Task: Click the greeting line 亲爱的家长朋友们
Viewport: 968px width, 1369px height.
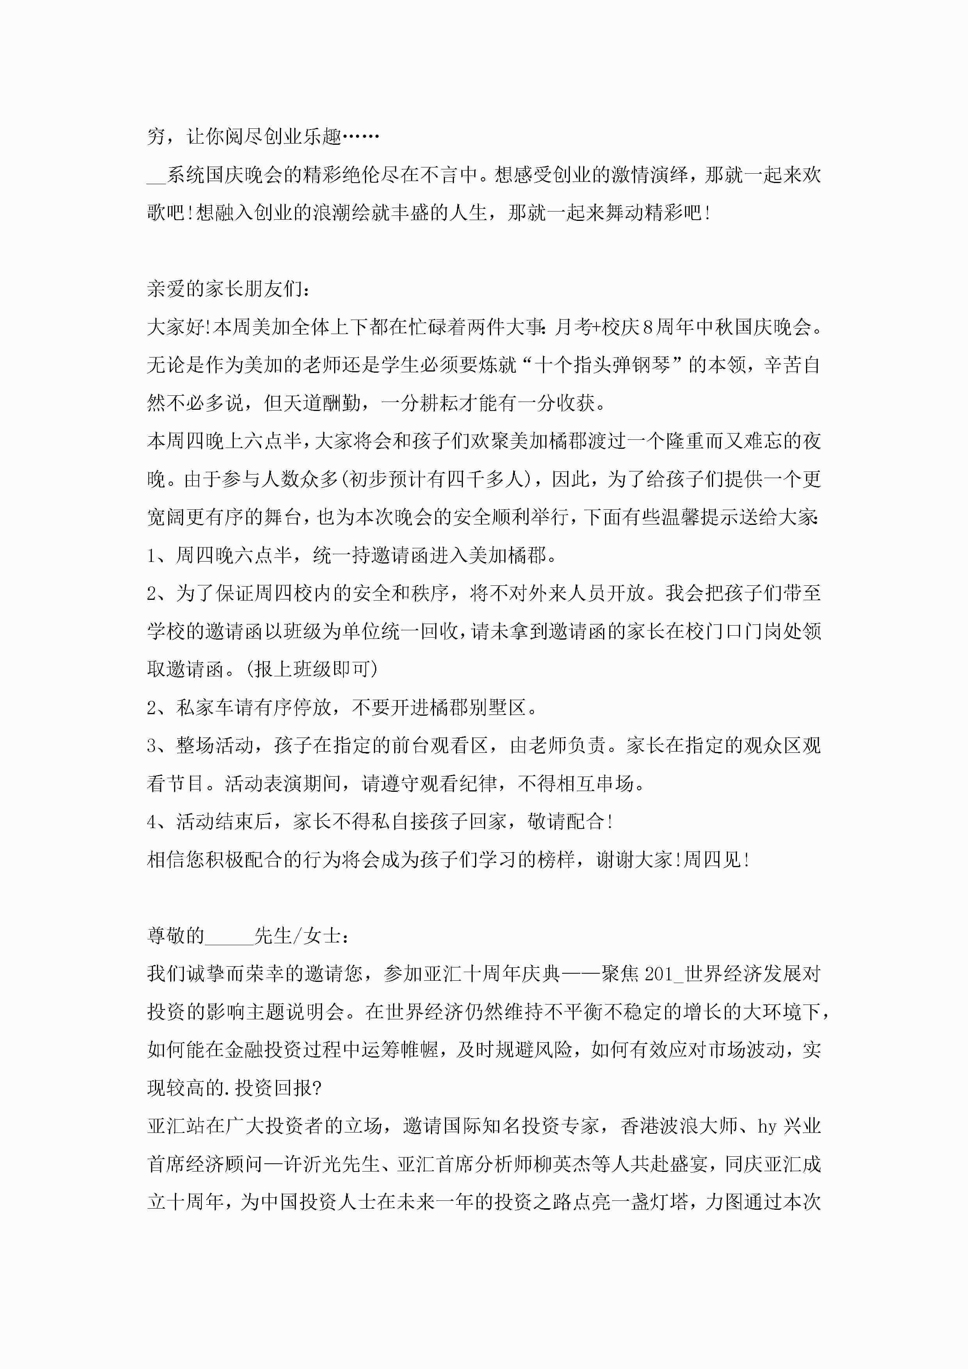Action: pos(227,289)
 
